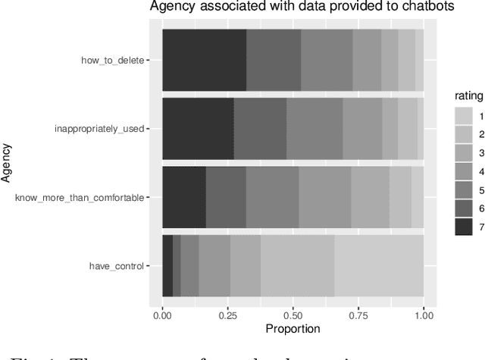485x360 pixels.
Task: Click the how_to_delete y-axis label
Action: [113, 60]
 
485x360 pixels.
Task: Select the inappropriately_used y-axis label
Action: [99, 128]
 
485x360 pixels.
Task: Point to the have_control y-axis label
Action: [116, 266]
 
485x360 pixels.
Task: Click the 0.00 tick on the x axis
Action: [162, 314]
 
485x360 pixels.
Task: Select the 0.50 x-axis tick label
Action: [293, 314]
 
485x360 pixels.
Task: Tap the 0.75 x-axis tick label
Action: [358, 314]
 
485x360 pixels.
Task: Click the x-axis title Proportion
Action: [293, 329]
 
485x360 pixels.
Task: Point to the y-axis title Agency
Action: [8, 163]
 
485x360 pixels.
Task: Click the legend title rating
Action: [468, 95]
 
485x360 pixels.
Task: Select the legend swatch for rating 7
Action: [463, 226]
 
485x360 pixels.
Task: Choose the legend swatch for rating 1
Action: [463, 115]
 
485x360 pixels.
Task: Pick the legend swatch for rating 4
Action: [463, 171]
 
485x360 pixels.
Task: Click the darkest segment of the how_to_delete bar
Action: [204, 60]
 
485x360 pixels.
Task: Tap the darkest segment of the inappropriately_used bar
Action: [198, 128]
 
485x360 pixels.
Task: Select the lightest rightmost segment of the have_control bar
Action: [379, 266]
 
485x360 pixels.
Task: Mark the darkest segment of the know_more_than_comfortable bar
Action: [184, 197]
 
